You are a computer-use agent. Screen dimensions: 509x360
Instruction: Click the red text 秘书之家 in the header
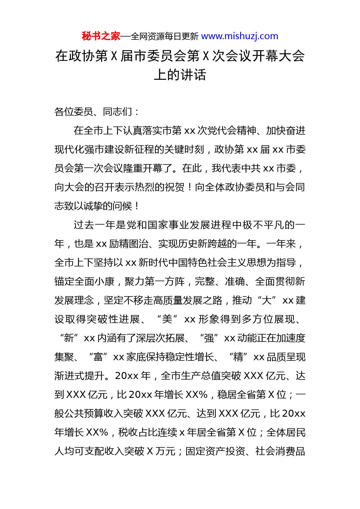point(101,36)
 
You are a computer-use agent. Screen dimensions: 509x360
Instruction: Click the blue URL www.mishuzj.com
point(240,36)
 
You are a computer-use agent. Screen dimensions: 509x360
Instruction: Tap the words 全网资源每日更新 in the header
point(165,37)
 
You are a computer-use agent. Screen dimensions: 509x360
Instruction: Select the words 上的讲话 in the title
point(180,75)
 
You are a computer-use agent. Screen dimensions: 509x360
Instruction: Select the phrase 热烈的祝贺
point(155,187)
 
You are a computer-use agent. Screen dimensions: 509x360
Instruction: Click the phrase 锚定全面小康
point(84,281)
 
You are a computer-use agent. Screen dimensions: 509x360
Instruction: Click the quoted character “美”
point(167,319)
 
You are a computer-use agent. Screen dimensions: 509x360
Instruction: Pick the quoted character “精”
point(238,357)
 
